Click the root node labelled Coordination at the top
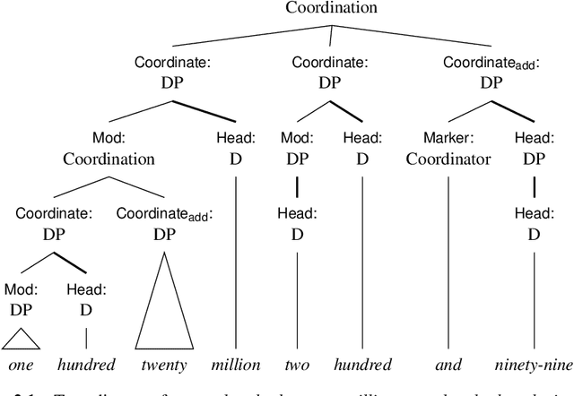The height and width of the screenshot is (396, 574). click(331, 9)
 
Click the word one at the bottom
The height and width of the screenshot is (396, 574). click(20, 365)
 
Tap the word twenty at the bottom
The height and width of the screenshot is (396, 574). click(163, 365)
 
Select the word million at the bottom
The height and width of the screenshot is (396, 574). click(236, 365)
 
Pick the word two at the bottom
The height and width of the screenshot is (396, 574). click(296, 365)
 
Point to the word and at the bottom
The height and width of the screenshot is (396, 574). click(447, 365)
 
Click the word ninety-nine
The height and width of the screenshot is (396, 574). click(533, 365)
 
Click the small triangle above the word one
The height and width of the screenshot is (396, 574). click(20, 339)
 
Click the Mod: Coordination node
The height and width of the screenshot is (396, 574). click(109, 150)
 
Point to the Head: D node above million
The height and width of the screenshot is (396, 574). click(236, 150)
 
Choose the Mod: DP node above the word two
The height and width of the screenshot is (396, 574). click(296, 150)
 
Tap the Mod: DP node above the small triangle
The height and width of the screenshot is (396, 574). click(20, 299)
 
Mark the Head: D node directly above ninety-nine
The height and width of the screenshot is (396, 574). click(533, 225)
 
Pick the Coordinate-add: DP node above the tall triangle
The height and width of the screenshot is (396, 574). click(163, 225)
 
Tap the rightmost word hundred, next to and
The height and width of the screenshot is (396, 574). click(362, 365)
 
